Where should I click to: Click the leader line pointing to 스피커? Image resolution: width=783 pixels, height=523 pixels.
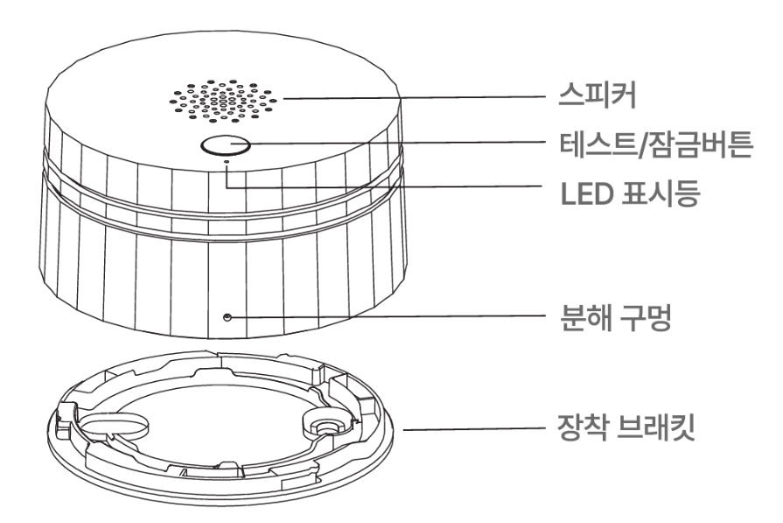[x=411, y=99]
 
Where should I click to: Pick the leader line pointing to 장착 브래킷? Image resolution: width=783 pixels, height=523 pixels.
[x=472, y=430]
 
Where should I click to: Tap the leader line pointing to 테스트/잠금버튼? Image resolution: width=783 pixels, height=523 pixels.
[x=394, y=143]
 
